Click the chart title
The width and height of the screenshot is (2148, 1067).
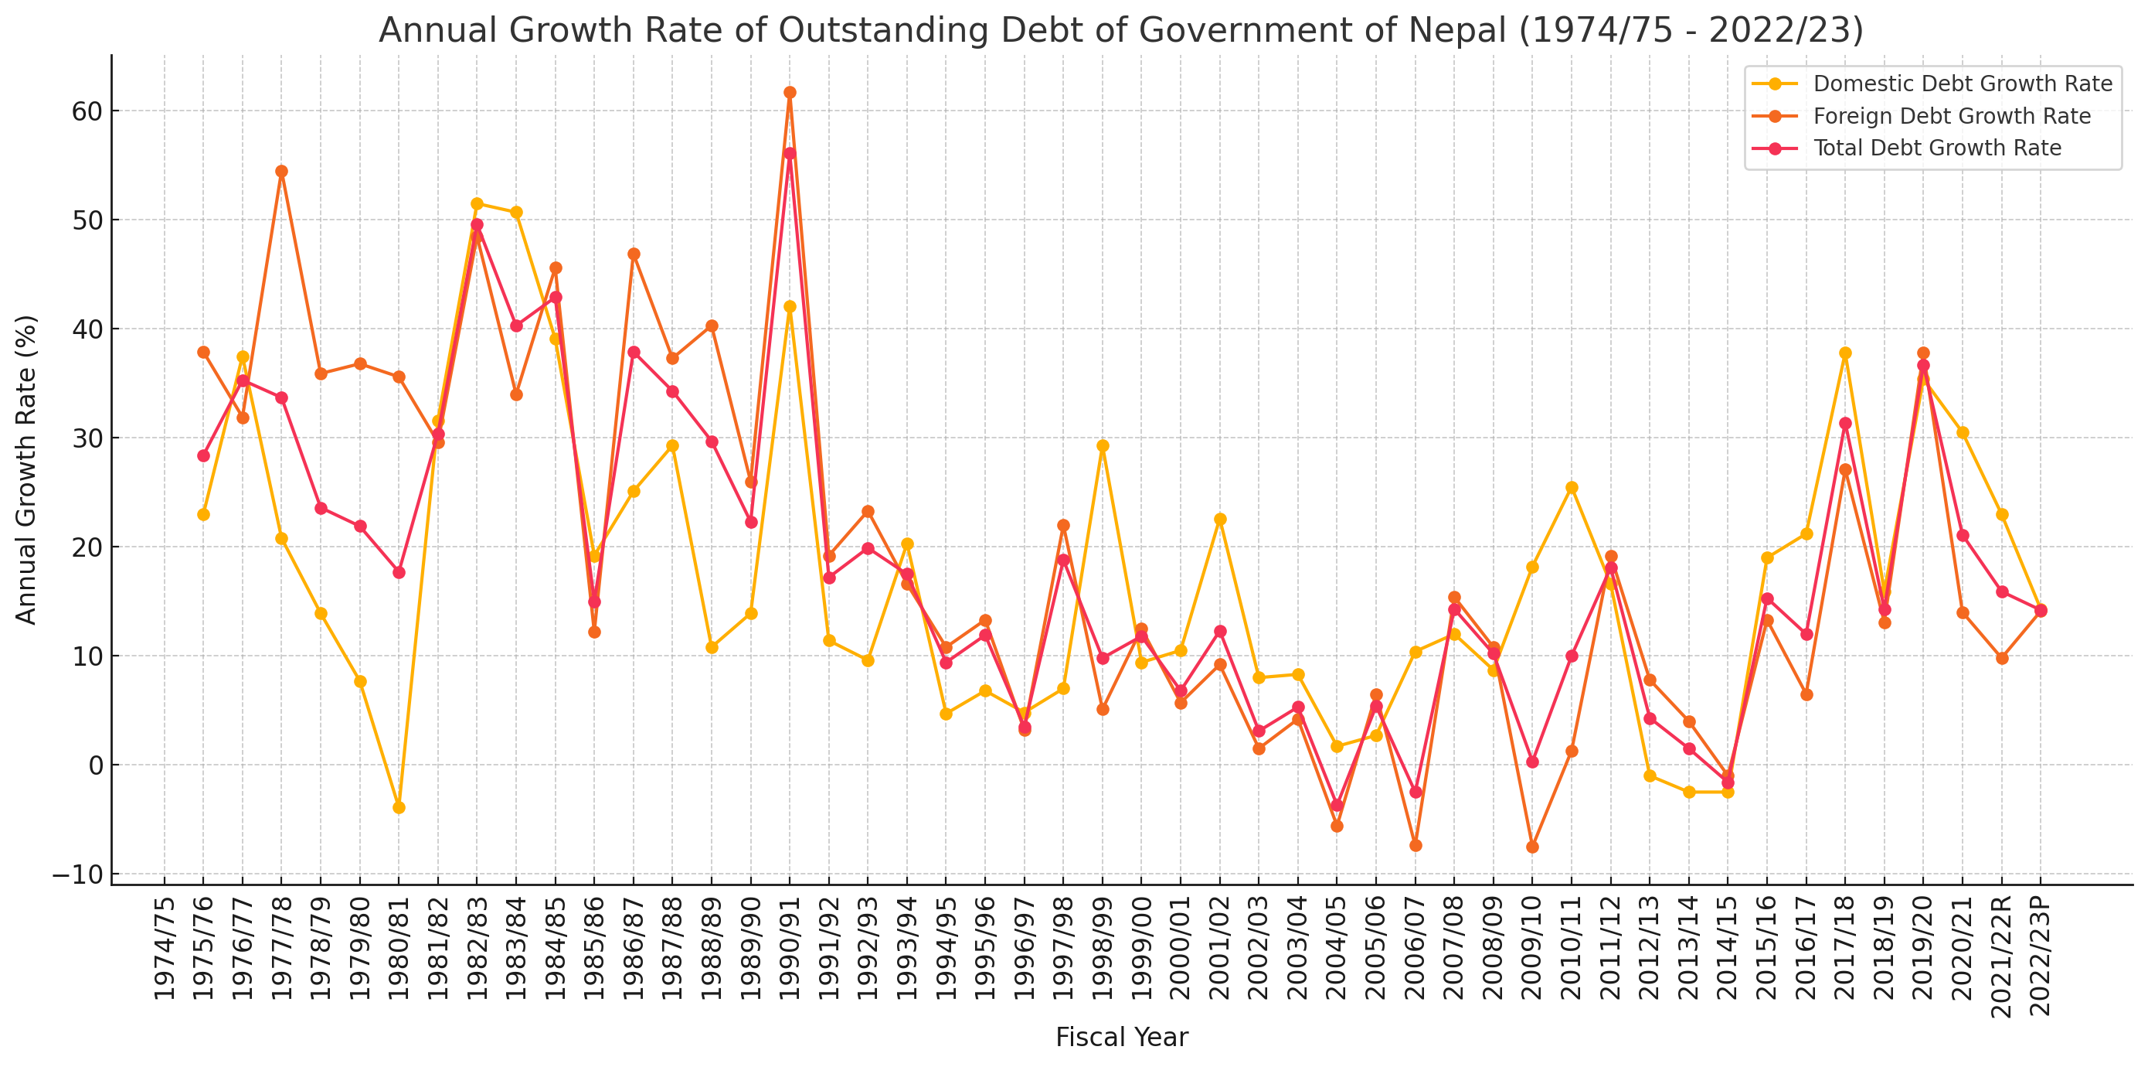(x=1120, y=30)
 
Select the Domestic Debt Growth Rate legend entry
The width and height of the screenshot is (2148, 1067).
(x=1962, y=84)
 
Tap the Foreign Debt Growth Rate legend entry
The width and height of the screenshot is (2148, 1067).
(x=1951, y=116)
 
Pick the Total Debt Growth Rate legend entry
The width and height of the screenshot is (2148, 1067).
(x=1936, y=148)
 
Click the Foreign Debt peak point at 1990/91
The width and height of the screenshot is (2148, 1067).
(x=790, y=93)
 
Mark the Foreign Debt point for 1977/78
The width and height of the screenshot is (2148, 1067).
(x=282, y=172)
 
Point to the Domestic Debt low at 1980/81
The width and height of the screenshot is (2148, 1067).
(x=399, y=807)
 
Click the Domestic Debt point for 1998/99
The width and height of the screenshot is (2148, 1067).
(x=1103, y=446)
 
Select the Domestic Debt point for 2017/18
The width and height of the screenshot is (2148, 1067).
(x=1845, y=353)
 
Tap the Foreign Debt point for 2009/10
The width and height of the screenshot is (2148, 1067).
(x=1533, y=847)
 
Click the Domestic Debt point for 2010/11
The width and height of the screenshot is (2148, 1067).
(x=1572, y=488)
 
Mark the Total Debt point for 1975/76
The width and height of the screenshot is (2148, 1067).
(x=203, y=455)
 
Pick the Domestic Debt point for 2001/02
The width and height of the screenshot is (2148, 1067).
(x=1220, y=519)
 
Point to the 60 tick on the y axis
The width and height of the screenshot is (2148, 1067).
(x=87, y=111)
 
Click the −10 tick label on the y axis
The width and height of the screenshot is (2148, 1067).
(x=77, y=874)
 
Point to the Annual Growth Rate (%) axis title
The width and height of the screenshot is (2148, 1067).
(x=27, y=469)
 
